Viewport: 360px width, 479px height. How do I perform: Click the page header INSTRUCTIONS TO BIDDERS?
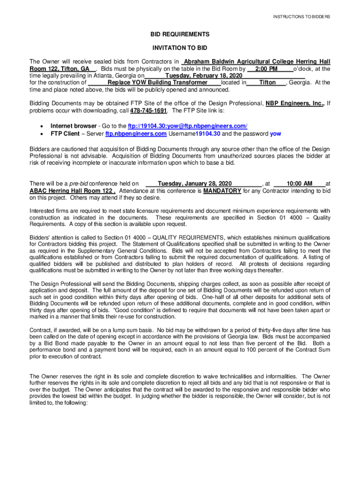(302, 17)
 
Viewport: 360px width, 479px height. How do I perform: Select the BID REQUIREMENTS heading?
(180, 35)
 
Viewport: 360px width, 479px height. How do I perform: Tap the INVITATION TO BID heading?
(180, 48)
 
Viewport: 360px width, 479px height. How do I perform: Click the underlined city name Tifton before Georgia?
(267, 82)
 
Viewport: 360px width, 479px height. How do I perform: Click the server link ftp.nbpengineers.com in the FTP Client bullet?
(136, 133)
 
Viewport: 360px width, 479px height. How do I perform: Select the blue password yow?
(275, 133)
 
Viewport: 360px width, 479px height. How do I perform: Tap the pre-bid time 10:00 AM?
(299, 184)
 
